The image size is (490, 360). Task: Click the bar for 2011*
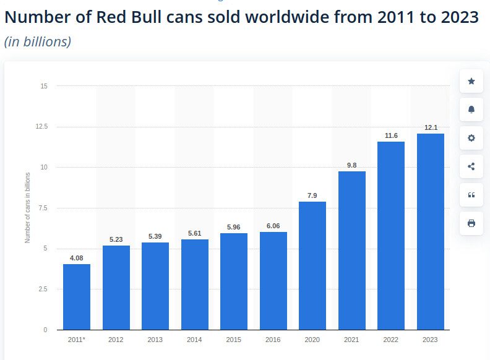click(x=77, y=297)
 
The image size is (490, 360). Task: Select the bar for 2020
click(x=312, y=266)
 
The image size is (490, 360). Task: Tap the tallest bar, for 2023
click(x=431, y=232)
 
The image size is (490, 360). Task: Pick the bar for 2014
click(x=195, y=285)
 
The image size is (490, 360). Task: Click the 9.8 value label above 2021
click(x=351, y=165)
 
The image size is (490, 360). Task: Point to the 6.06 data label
click(x=273, y=226)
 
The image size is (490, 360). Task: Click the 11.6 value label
click(x=391, y=135)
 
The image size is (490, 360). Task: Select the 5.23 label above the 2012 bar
click(x=116, y=239)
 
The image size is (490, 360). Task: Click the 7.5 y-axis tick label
click(x=43, y=208)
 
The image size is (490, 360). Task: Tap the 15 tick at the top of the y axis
click(x=44, y=86)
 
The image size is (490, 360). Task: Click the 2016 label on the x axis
click(x=273, y=340)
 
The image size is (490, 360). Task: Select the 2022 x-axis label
click(x=391, y=340)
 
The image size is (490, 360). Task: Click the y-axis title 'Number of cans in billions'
click(x=28, y=208)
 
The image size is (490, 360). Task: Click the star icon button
click(x=471, y=81)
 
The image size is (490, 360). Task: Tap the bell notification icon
click(x=471, y=109)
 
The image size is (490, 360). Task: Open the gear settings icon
click(x=471, y=138)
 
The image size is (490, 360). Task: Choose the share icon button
click(x=471, y=166)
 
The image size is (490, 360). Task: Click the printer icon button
click(x=471, y=223)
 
